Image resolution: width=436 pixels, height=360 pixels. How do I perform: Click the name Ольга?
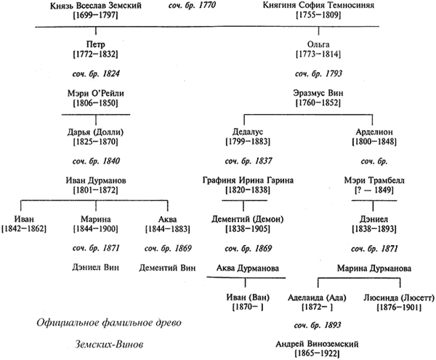pos(313,44)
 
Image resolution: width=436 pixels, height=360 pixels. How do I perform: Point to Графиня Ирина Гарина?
pos(241,180)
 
